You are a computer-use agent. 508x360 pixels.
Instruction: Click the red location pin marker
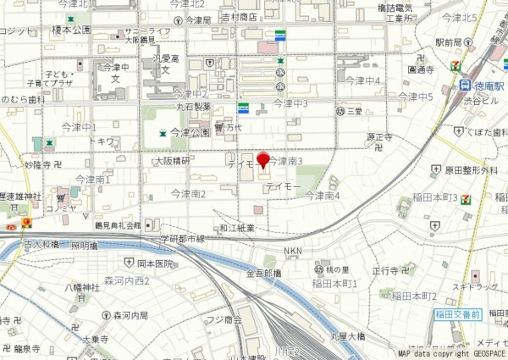click(x=262, y=160)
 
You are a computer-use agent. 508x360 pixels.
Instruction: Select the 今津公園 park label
click(x=190, y=132)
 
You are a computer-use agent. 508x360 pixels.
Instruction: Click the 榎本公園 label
click(x=71, y=29)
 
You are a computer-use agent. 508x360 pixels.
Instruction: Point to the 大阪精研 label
click(x=172, y=159)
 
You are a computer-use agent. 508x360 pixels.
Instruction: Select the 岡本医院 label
click(x=155, y=263)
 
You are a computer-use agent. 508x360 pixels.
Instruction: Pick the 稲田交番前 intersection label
click(x=458, y=314)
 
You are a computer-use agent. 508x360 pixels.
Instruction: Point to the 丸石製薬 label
click(x=192, y=108)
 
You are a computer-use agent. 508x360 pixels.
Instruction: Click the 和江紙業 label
click(x=237, y=228)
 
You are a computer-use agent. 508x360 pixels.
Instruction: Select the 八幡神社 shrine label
click(x=82, y=288)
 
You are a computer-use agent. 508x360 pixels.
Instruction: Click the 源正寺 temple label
click(x=379, y=136)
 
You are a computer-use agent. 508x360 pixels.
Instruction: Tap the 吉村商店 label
click(x=239, y=17)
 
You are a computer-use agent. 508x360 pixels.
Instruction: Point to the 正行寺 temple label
click(x=385, y=270)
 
